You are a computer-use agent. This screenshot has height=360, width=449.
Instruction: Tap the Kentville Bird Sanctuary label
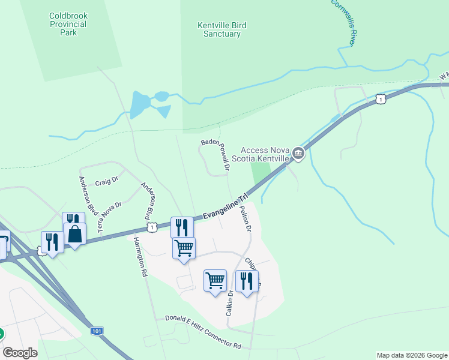[222, 29]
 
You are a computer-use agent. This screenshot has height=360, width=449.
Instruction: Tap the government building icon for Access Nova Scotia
[298, 155]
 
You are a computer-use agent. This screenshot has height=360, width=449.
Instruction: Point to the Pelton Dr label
[245, 218]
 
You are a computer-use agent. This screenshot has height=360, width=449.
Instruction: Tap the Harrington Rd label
[140, 256]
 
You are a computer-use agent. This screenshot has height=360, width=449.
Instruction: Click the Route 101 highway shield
[97, 331]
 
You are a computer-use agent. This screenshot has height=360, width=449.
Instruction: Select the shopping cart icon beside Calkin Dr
[215, 280]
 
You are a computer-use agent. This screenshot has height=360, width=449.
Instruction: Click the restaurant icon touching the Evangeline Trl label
[182, 227]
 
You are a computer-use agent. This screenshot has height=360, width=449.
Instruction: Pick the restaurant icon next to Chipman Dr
[247, 280]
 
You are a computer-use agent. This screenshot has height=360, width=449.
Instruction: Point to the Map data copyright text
[411, 355]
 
